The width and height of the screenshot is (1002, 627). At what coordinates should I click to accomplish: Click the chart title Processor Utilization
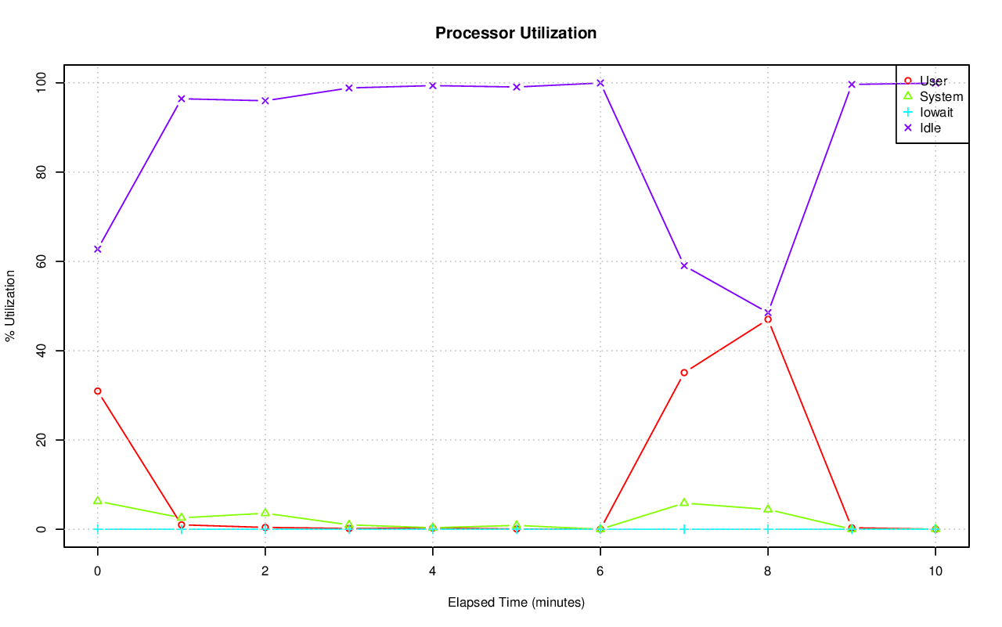pos(516,34)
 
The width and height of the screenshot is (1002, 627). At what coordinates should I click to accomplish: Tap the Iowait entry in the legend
pos(936,112)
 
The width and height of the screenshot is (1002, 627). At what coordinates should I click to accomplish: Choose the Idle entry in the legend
pos(930,128)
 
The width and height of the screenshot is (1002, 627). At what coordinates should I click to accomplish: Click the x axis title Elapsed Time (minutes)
pos(516,603)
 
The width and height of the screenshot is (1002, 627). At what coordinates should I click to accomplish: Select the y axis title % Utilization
pos(11,305)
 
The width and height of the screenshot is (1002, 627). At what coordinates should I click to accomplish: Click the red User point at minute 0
pos(97,391)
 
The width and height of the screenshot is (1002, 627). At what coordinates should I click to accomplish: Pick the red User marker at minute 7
pos(684,373)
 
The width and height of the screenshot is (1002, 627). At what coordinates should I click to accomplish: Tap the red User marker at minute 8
pos(768,319)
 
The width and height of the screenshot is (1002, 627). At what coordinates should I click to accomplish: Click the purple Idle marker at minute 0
pos(97,249)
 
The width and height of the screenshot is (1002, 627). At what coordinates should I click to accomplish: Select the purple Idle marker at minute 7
pos(684,265)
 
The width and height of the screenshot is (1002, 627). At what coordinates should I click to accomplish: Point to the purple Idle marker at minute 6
pos(600,83)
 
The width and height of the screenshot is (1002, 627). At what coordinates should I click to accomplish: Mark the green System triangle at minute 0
pos(97,500)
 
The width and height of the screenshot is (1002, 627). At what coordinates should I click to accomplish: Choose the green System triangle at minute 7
pos(684,503)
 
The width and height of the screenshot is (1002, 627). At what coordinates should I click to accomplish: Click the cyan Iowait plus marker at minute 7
pos(684,529)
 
